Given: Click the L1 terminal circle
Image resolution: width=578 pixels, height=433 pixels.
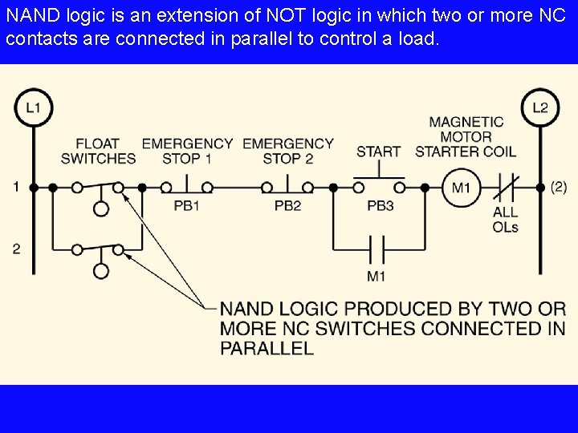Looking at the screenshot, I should click(34, 108).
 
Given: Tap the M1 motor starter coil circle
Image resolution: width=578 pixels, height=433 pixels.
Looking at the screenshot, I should click(461, 188).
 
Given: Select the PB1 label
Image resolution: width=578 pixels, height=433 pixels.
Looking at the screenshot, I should click(186, 206).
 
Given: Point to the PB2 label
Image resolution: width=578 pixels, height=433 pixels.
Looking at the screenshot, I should click(287, 206).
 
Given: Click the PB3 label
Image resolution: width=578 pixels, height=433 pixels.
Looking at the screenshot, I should click(380, 206).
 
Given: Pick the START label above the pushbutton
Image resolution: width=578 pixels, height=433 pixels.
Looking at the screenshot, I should click(379, 151).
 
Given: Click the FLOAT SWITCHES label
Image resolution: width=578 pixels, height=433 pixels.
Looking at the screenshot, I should click(98, 151).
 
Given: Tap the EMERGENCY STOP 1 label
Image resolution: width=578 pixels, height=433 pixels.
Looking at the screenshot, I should click(187, 151).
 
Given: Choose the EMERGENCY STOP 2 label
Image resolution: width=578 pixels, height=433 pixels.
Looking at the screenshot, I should click(287, 151).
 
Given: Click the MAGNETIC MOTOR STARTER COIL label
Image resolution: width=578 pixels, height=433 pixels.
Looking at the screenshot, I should click(466, 136).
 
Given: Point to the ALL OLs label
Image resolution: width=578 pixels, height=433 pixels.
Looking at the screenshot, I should click(506, 219).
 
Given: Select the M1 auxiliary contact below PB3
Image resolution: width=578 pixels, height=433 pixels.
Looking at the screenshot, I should click(377, 249).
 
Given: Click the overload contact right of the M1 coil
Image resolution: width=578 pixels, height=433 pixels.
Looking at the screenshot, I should click(506, 188).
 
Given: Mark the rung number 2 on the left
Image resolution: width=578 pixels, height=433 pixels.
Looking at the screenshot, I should click(16, 249).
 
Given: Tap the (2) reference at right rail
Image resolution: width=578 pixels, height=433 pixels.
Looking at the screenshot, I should click(559, 187).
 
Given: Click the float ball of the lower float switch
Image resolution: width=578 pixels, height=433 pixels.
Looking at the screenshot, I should click(101, 271).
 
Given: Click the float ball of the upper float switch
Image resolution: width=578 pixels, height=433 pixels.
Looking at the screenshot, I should click(101, 209).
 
